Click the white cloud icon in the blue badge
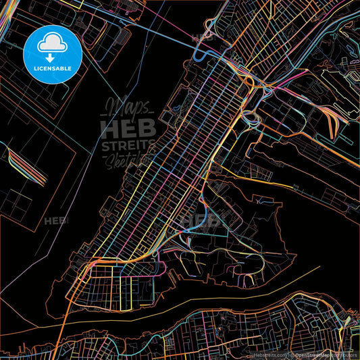point(52,45)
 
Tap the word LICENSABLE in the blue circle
point(52,68)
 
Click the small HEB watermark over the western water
point(57,221)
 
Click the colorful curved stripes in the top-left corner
point(5,17)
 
